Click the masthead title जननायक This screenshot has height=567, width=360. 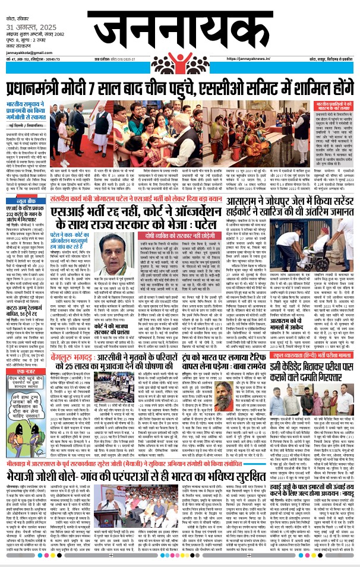coord(178,27)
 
